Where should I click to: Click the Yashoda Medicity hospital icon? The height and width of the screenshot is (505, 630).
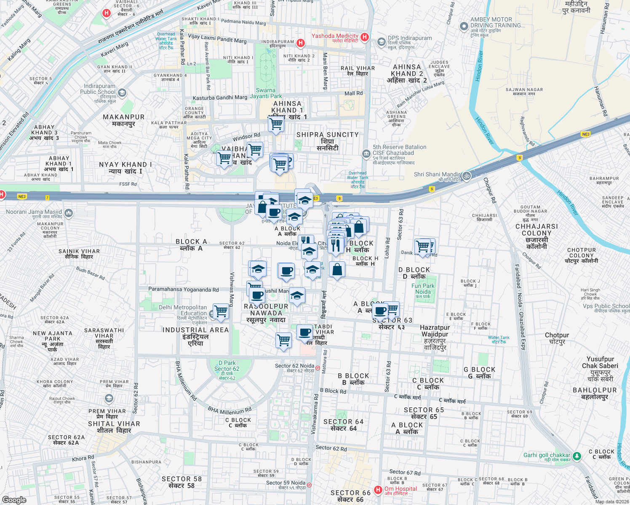[x=365, y=37]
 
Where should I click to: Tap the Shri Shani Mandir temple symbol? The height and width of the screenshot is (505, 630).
[x=466, y=176]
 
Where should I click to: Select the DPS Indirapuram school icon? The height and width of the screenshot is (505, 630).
[x=382, y=41]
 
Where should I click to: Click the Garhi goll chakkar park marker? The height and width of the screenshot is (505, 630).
[x=577, y=456]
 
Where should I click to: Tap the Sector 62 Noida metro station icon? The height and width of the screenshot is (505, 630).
[x=318, y=367]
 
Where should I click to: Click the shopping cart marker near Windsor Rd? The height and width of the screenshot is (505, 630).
[x=255, y=149]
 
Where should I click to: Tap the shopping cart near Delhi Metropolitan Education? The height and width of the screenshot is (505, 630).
[x=221, y=311]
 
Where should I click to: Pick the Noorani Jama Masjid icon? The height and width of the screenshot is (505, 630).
[x=69, y=213]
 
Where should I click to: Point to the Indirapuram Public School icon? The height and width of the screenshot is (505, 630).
[x=122, y=93]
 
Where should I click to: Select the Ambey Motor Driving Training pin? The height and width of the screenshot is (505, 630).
[x=464, y=27]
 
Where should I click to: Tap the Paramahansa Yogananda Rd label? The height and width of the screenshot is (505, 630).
[x=183, y=290]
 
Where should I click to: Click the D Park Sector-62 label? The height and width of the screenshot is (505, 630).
[x=227, y=369]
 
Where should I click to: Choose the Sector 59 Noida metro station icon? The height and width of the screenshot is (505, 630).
[x=309, y=485]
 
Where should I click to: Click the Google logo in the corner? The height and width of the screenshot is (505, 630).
[x=14, y=500]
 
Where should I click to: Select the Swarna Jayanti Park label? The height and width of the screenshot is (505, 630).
[x=266, y=93]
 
